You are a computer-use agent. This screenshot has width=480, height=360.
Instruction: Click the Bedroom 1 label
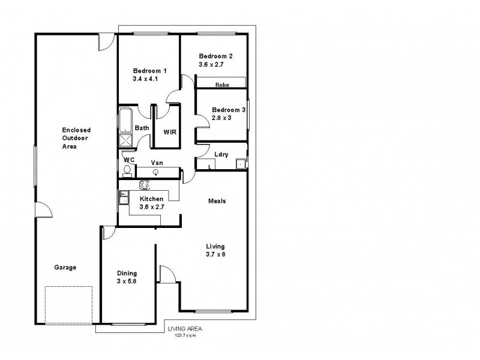(x=150, y=70)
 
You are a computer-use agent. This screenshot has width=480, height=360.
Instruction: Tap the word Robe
(x=222, y=85)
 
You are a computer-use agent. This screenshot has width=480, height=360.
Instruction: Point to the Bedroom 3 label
(x=229, y=110)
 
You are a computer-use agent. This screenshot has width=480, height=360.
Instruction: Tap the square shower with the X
(x=127, y=140)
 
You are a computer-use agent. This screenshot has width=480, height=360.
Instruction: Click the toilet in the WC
(x=127, y=170)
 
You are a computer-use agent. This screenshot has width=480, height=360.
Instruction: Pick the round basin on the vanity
(x=156, y=172)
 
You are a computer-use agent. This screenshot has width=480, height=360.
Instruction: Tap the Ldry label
(x=221, y=154)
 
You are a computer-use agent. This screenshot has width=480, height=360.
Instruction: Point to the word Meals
(x=217, y=201)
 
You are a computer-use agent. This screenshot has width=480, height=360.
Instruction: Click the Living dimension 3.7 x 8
(x=215, y=254)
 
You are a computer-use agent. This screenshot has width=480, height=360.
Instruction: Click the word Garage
(x=65, y=268)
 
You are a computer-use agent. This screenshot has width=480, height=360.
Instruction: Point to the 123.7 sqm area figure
(x=185, y=335)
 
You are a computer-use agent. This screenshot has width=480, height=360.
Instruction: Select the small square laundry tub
(x=240, y=162)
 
